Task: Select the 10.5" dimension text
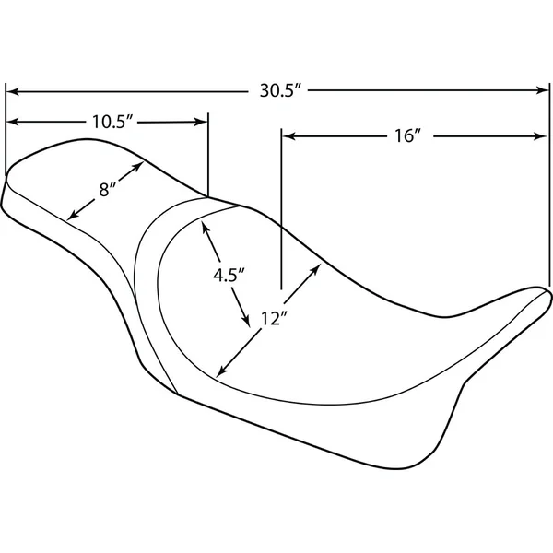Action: coord(113,121)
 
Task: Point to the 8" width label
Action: coord(108,191)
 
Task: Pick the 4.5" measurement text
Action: coord(227,275)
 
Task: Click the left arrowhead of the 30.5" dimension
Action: coord(12,91)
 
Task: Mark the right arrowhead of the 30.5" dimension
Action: coord(543,91)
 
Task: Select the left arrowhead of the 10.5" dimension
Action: coord(12,122)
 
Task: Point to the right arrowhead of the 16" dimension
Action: coord(543,136)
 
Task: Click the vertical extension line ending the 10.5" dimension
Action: coord(207,157)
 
